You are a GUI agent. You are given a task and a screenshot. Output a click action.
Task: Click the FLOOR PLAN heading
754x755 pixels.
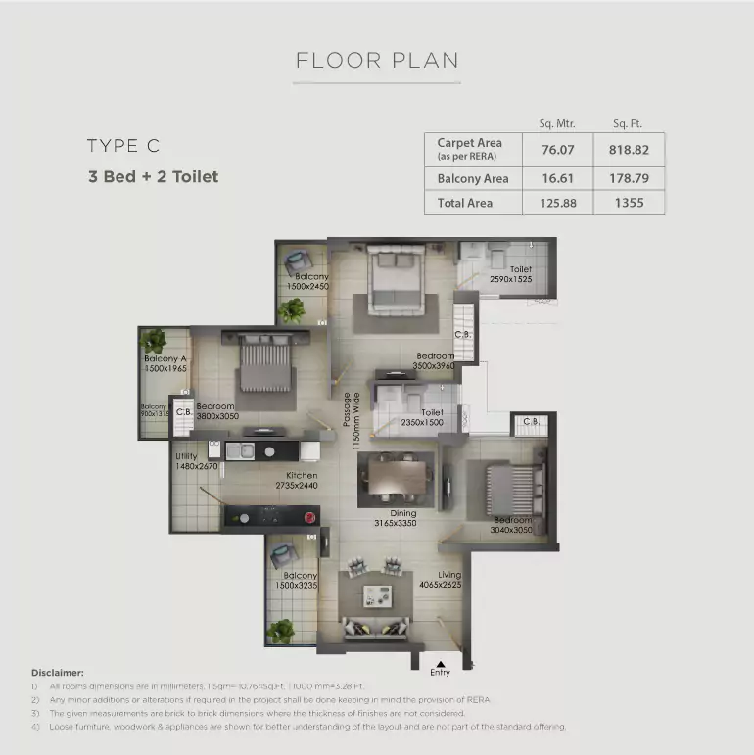(x=377, y=60)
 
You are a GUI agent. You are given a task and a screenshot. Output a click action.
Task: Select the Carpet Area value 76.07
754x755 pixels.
(x=557, y=150)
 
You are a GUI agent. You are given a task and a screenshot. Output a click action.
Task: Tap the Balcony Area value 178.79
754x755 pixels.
(x=633, y=179)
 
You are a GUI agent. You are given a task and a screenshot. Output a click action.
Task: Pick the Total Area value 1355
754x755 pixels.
(x=633, y=203)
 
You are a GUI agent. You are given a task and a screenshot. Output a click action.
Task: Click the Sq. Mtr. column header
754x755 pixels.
(x=557, y=123)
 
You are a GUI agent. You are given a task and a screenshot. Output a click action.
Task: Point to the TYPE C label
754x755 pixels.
(x=122, y=146)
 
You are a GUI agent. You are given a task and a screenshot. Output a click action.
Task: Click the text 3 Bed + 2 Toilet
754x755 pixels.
(x=152, y=177)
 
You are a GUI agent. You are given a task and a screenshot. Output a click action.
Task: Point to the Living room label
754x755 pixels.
(x=449, y=575)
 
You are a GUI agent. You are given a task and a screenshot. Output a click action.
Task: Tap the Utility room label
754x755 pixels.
(x=186, y=456)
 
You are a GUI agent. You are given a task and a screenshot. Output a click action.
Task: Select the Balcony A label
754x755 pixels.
(x=165, y=358)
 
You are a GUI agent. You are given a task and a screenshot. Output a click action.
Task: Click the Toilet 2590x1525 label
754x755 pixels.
(x=511, y=274)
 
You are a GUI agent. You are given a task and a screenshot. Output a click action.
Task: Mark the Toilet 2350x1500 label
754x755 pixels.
(x=422, y=418)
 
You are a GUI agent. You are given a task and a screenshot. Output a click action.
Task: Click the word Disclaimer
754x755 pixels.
(x=57, y=673)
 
